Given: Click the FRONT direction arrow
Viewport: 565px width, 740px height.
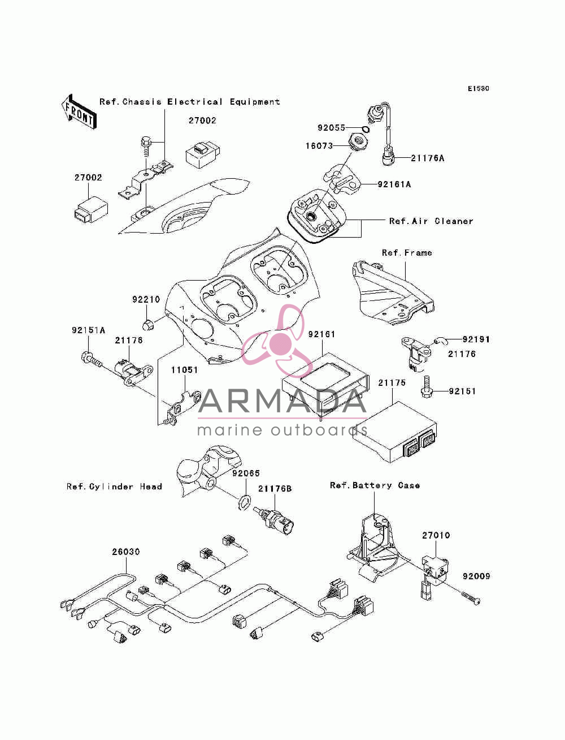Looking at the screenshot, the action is coord(79,112).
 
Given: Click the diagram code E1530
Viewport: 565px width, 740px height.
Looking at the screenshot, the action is coord(478,89).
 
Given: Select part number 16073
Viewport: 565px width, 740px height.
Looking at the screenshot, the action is coord(319,146).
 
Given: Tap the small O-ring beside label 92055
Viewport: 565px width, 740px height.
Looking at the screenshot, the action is coord(366,129).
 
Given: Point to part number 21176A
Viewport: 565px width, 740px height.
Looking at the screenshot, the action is coord(427,158).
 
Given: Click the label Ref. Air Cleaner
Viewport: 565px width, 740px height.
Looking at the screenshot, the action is coord(431,221).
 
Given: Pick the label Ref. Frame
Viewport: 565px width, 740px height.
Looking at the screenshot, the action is coord(407,253).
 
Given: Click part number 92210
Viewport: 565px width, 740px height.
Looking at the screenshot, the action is coord(146,299).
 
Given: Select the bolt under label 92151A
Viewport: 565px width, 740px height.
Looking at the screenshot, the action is coord(92,359).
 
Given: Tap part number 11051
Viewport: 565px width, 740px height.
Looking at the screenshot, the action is coord(185,370).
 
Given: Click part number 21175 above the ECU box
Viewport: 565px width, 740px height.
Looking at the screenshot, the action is coord(392,383).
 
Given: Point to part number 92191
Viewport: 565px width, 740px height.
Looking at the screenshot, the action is coord(475,339).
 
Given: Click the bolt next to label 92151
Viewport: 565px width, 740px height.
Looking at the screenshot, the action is coord(427,386).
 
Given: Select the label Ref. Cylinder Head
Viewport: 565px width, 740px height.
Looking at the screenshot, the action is coord(114,487).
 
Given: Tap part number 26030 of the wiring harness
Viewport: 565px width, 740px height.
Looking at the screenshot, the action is coord(126,552).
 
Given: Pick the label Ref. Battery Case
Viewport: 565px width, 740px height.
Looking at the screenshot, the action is coord(375,485).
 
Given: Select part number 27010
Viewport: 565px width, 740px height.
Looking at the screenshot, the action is coord(436,535).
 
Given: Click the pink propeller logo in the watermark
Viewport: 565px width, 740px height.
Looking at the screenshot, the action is coord(277,341).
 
